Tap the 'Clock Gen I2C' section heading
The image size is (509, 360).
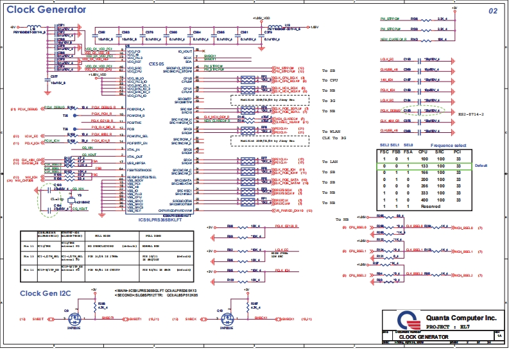click(46, 293)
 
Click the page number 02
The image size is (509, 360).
click(493, 12)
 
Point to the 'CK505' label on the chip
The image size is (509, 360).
click(157, 64)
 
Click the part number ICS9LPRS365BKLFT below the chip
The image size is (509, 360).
click(164, 219)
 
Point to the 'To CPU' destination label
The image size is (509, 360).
click(329, 80)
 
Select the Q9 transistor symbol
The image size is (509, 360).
click(74, 318)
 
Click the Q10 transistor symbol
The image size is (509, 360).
click(223, 318)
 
